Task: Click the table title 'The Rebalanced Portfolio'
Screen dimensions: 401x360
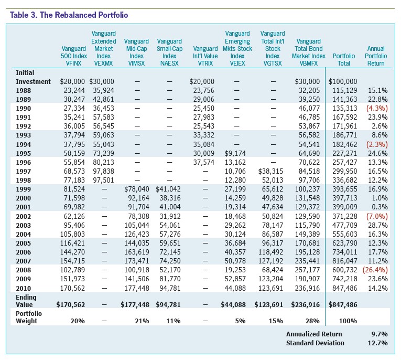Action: tap(84, 15)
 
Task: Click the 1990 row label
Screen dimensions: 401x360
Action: tap(23, 109)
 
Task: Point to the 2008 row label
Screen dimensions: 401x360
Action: tap(23, 270)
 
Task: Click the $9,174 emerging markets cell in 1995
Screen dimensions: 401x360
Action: tap(235, 153)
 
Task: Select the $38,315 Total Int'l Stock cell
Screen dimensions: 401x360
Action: tap(270, 171)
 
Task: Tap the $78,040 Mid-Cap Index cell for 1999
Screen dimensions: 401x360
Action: tap(137, 189)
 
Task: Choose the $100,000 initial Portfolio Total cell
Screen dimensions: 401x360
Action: tap(343, 82)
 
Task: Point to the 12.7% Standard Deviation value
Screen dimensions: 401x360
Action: tap(378, 343)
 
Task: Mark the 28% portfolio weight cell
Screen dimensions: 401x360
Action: tap(312, 321)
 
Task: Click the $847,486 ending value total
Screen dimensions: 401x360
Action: tap(343, 305)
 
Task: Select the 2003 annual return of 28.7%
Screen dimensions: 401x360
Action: tap(378, 225)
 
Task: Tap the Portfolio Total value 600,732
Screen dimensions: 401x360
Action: tap(345, 270)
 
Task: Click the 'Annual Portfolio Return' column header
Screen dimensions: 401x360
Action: tap(376, 56)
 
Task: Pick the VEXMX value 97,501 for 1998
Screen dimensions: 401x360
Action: tap(103, 180)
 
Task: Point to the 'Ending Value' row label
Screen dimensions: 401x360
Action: tap(26, 301)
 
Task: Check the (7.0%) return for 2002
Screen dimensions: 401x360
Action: tap(377, 216)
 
